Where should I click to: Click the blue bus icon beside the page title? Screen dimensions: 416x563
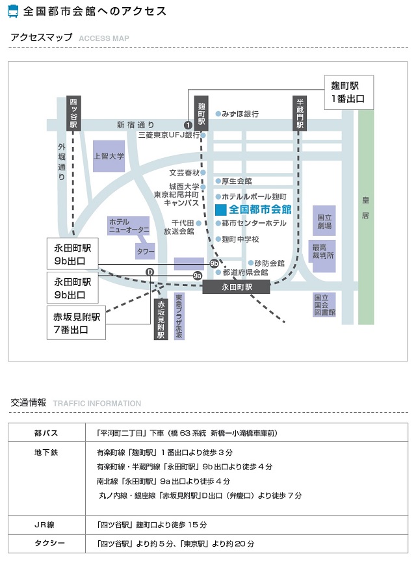(12, 12)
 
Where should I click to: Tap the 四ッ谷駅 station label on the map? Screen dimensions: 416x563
(73, 113)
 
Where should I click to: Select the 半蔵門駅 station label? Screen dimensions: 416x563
(300, 113)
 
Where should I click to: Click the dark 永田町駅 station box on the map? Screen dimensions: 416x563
(236, 287)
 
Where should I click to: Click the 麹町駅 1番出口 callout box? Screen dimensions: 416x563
(349, 92)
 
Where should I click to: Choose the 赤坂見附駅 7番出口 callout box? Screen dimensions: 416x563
(76, 323)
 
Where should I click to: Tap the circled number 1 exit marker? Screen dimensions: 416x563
(188, 125)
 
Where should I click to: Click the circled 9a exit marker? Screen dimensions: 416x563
(197, 276)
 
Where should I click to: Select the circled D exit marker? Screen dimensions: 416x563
(150, 272)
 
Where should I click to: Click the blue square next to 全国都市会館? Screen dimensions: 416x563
(221, 210)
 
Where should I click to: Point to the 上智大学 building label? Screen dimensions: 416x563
(109, 156)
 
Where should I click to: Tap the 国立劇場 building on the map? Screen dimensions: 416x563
(324, 221)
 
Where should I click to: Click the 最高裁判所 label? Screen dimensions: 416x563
(323, 252)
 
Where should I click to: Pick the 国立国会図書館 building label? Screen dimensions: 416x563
(325, 305)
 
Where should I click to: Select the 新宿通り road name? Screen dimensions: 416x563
(135, 125)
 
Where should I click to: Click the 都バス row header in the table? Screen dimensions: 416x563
(47, 433)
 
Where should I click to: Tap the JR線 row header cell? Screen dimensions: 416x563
(47, 525)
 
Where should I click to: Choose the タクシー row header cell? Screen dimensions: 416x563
(47, 543)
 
